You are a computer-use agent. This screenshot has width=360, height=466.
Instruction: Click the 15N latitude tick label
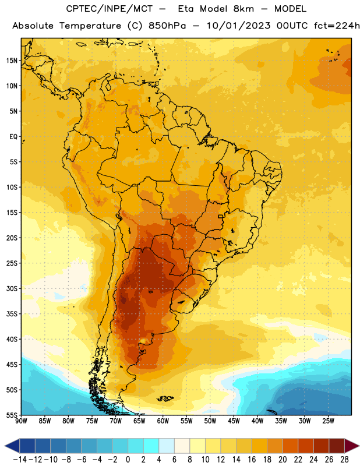pos(12,61)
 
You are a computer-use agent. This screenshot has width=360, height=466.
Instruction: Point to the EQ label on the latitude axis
pos(13,137)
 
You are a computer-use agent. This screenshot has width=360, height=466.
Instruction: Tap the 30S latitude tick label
pos(12,288)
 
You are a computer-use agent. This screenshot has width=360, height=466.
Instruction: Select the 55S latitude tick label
pos(12,415)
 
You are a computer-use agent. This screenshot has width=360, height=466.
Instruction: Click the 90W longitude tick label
pos(21,421)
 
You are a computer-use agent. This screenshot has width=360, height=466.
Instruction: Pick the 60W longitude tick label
pos(163,421)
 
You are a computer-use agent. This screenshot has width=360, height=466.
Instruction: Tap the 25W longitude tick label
pos(328,421)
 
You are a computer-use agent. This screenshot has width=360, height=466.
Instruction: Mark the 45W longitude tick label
pos(234,421)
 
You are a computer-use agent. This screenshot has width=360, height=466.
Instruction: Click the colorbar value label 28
pos(344,460)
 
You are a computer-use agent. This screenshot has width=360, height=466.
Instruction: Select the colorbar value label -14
pos(20,460)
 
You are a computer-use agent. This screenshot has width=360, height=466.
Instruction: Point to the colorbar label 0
pos(128,460)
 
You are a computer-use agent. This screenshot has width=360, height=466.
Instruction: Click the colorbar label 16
pos(252,460)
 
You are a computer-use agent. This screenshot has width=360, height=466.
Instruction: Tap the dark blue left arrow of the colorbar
pos(12,446)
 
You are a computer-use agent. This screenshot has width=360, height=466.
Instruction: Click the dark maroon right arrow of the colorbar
pos(352,446)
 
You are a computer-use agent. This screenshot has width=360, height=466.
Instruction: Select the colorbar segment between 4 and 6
pos(167,446)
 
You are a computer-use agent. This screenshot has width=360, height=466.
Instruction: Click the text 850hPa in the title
pos(167,26)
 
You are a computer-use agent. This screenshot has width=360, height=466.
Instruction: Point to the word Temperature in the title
pos(90,26)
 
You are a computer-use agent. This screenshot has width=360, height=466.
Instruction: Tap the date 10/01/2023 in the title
pos(238,26)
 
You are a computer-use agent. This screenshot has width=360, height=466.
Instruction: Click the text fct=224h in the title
pos(337,26)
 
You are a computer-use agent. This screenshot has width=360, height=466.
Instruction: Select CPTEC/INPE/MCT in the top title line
pos(110,9)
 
